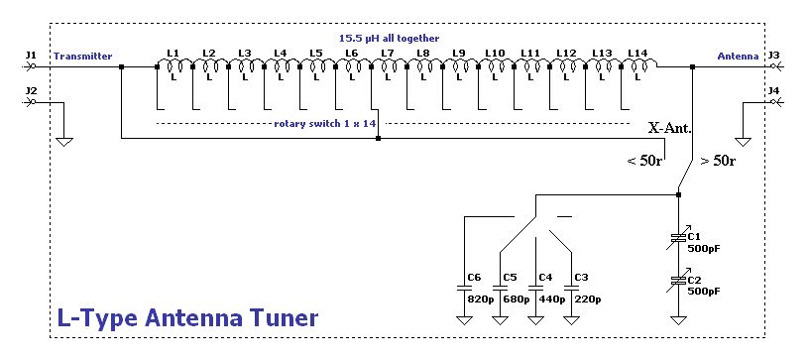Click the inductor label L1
(173, 53)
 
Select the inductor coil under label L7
(389, 65)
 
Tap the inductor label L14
(637, 53)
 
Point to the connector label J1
(31, 55)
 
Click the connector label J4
(773, 91)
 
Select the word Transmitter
(82, 57)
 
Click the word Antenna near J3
(738, 57)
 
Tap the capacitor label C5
(510, 278)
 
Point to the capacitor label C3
(581, 278)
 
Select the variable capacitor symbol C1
(678, 238)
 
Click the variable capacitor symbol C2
(678, 282)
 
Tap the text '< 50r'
(644, 161)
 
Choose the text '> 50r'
(718, 161)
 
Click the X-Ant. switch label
(669, 129)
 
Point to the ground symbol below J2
(64, 142)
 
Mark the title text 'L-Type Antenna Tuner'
(186, 317)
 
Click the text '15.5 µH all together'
(389, 38)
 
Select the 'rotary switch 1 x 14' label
(324, 124)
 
